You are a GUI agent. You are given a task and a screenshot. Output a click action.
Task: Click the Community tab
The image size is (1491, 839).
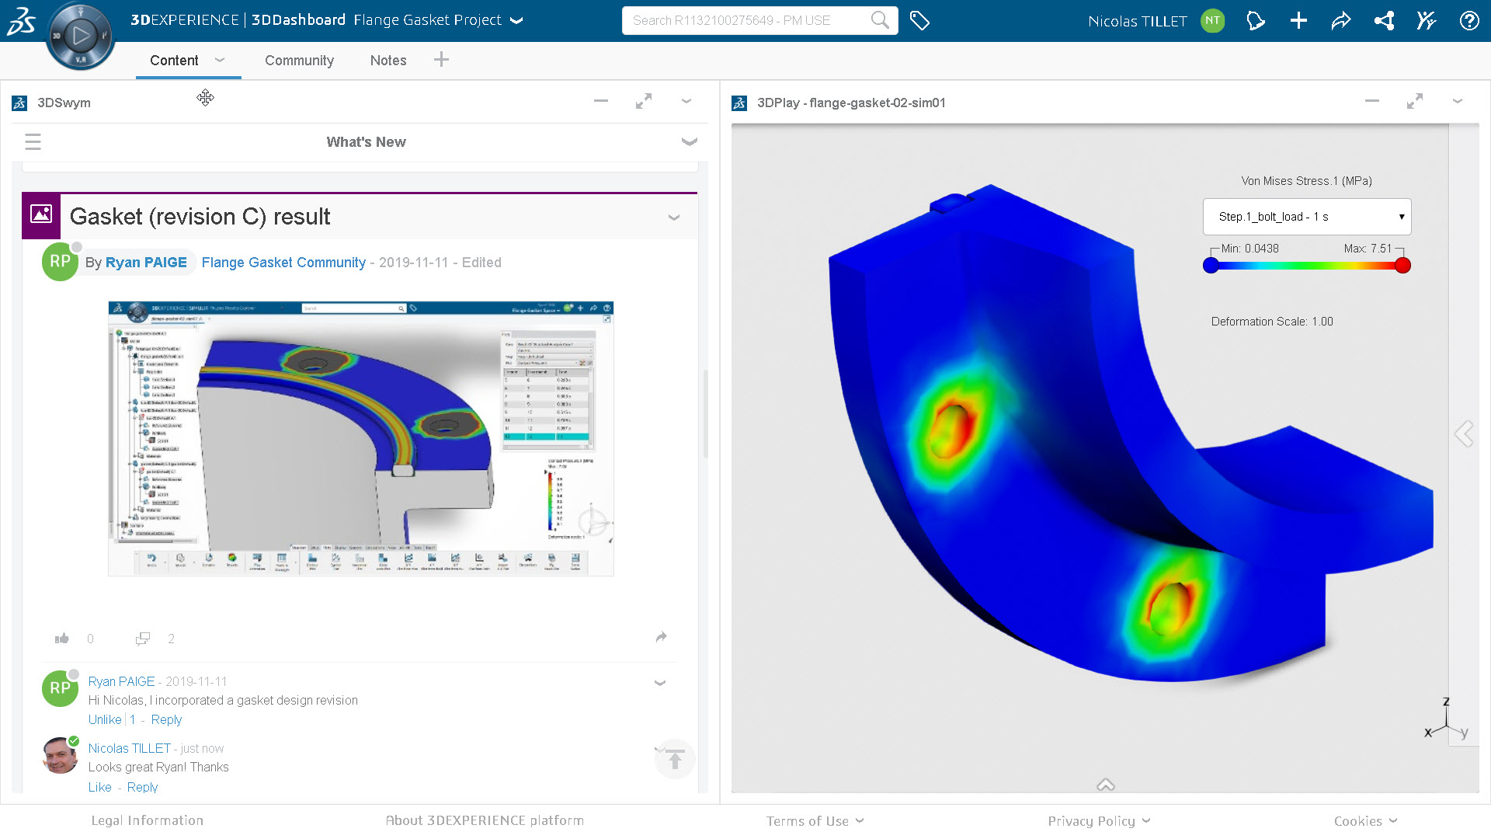(299, 61)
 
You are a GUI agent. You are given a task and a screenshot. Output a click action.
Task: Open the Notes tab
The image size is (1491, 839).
(388, 61)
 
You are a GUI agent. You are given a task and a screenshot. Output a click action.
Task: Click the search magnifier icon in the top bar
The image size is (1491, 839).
(879, 20)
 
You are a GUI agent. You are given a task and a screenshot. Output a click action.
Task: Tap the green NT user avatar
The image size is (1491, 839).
(1212, 21)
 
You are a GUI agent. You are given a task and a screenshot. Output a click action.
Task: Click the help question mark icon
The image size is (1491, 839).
(1468, 21)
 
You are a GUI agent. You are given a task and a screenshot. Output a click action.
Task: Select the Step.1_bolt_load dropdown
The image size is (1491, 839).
(1307, 217)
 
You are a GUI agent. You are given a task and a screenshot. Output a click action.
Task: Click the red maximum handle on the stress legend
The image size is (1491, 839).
(1402, 266)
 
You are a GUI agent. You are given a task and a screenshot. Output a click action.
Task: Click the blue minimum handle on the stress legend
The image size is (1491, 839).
(1211, 266)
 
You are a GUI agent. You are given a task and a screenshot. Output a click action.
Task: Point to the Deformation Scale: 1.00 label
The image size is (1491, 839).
(1272, 322)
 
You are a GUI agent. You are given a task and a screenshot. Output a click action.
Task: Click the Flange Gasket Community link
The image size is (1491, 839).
(283, 263)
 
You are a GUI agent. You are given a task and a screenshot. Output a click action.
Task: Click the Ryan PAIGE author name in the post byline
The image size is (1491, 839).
(146, 263)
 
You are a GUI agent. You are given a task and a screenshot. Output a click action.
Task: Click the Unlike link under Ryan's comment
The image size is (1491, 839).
(105, 720)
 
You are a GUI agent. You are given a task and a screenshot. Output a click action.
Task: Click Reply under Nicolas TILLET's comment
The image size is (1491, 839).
(142, 788)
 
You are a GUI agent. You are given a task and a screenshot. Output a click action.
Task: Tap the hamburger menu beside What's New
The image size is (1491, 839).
(33, 142)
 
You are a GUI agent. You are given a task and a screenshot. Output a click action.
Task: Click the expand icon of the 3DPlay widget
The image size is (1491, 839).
(1415, 102)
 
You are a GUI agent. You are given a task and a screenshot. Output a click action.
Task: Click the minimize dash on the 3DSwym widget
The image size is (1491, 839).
(601, 101)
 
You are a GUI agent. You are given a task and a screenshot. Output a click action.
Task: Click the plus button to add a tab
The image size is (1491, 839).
(441, 60)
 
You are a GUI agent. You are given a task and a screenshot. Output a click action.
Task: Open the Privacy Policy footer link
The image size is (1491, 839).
(1091, 821)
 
